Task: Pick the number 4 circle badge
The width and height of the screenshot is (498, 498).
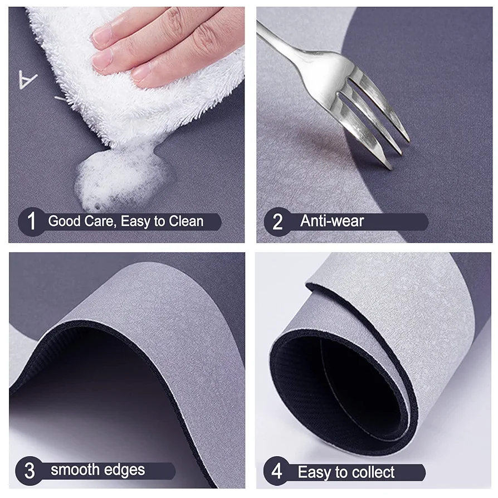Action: pos(276,472)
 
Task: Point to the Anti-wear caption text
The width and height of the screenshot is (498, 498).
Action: pos(332,221)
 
